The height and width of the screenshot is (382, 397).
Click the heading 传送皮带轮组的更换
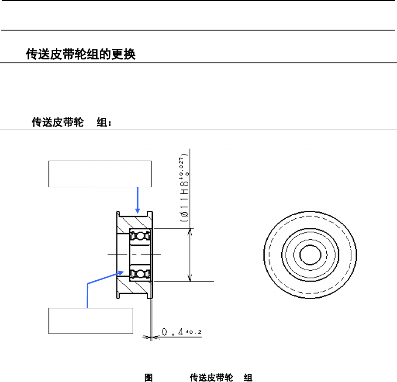click(81, 55)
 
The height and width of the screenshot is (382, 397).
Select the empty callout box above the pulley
click(100, 174)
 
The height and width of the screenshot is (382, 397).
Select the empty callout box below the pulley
click(90, 320)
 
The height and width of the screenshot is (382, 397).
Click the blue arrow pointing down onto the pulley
click(138, 201)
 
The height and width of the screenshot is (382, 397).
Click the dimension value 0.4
click(172, 333)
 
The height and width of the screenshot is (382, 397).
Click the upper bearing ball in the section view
click(140, 236)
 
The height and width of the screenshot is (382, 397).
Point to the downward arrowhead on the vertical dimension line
click(190, 278)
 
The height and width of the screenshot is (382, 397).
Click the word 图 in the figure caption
click(148, 377)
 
